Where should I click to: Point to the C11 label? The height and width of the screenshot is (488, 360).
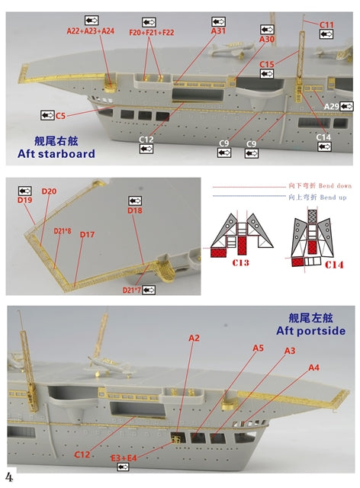(326, 25)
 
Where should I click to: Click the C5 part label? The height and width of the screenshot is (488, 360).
(60, 115)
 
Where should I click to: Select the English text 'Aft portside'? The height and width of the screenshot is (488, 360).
(311, 331)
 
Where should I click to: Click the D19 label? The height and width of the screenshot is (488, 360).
(24, 200)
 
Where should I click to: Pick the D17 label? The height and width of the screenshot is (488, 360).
(87, 235)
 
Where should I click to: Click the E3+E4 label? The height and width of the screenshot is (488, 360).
(123, 457)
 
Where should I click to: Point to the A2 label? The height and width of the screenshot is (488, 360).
(194, 338)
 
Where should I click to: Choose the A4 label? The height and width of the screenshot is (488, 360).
(313, 368)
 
